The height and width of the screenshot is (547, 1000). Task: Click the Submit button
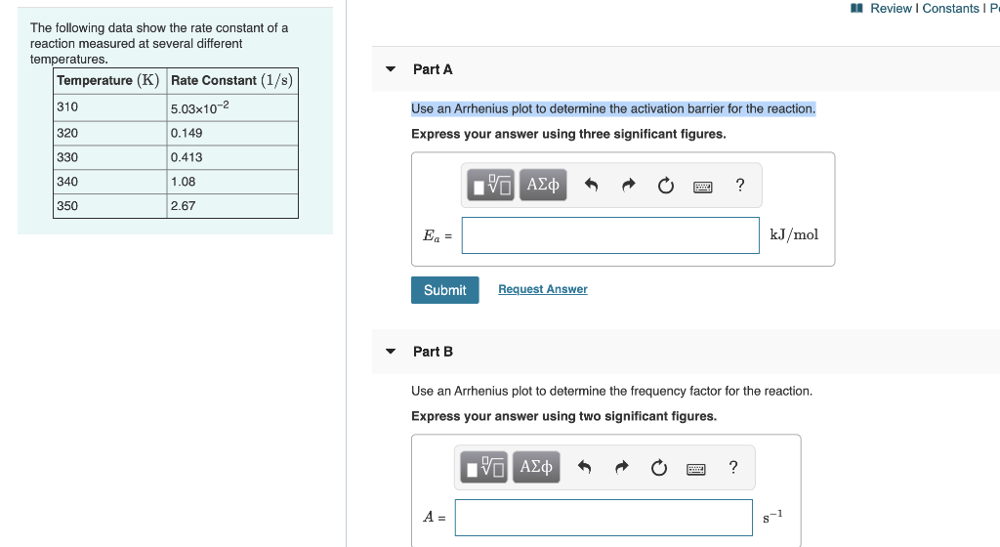coord(444,290)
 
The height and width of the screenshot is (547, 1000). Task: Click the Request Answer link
coord(542,289)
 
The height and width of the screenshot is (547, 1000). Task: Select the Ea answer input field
coord(609,235)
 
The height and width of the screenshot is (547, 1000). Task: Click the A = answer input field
coord(603,518)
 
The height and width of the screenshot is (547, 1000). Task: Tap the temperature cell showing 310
coord(109,107)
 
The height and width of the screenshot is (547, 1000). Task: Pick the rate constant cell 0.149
coord(231,133)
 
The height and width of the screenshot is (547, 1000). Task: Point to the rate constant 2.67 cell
coord(231,206)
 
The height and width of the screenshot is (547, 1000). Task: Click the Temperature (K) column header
coord(109,80)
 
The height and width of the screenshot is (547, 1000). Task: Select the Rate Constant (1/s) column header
coord(231,80)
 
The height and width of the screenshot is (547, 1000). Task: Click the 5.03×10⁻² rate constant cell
coord(231,107)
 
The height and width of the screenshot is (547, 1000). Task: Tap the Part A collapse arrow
coord(391,69)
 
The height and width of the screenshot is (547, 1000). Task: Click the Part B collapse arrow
coord(391,352)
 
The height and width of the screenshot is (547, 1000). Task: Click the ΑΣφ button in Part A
coord(543,185)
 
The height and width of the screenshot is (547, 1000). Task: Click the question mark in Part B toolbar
coord(733,467)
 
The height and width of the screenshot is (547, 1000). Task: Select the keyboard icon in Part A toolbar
coord(702,186)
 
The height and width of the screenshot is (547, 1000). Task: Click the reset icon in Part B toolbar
coord(659,468)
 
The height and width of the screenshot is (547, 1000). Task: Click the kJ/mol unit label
coord(794,234)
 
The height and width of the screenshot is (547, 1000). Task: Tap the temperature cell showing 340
coord(109,182)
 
